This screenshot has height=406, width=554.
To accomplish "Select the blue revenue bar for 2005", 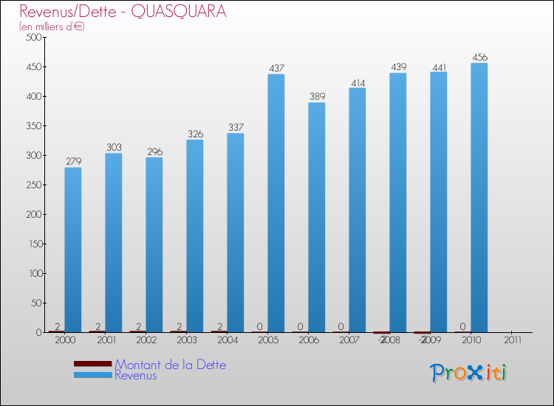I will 276,203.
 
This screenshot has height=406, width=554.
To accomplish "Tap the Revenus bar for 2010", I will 479,197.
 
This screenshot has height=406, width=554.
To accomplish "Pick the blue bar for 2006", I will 317,217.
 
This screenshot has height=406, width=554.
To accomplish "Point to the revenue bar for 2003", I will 195,235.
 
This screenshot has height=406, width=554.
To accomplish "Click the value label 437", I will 276,69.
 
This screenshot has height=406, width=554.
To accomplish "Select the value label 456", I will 479,58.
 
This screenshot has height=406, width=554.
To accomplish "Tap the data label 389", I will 317,97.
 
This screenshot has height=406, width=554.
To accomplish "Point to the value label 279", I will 73,162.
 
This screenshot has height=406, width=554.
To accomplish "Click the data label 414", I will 358,82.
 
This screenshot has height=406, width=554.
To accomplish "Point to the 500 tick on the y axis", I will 31,38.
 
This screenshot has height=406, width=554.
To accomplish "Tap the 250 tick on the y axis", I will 31,185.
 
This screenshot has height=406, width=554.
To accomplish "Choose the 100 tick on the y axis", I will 31,274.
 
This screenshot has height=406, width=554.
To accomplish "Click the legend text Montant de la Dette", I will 170,365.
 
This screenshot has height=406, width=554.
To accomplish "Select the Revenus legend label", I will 136,375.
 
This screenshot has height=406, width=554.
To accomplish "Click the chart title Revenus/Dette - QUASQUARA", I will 123,12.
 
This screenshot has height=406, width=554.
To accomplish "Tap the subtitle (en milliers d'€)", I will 52,27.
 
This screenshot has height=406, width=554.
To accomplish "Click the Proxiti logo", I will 468,373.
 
